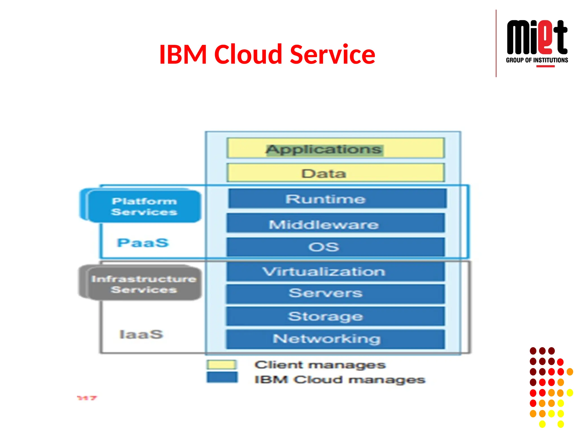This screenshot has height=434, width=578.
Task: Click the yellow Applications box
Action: point(336,148)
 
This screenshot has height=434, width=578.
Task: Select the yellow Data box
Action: point(336,173)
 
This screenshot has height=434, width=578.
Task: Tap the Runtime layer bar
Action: point(337,199)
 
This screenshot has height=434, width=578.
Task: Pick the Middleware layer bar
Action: point(336,223)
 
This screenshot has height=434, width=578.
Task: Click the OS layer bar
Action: point(336,247)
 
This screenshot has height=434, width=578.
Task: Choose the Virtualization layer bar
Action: point(336,272)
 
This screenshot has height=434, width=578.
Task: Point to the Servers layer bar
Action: point(336,294)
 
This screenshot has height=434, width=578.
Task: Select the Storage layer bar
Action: point(336,316)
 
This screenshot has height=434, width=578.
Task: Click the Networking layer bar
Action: point(336,339)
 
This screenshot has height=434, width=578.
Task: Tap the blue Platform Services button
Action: point(144,207)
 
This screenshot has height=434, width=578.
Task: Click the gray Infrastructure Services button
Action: point(144,284)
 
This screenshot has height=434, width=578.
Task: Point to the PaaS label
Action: point(143,243)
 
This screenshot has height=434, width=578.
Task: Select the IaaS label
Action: point(141,334)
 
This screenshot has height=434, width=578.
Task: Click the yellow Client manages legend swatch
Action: point(222,364)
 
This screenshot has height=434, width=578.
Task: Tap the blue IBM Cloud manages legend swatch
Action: point(222,377)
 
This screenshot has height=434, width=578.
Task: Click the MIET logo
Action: point(537,37)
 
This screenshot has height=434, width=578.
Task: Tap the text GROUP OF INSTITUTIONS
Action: point(537,60)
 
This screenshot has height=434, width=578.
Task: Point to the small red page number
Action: point(87,398)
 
